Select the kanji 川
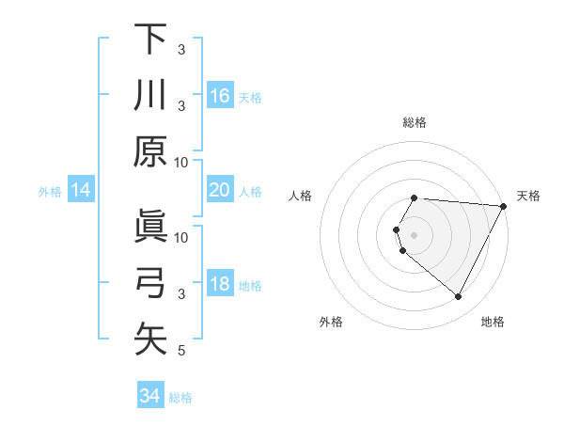point(150,95)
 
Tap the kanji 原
point(150,151)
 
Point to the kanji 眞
point(150,227)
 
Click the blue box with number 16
point(219,96)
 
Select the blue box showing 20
point(219,190)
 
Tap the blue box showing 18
point(219,285)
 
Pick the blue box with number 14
point(81,191)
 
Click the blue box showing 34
point(149,396)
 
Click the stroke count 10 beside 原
point(181,162)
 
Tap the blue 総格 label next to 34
point(180,398)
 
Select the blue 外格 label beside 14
point(50,192)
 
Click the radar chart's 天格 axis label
point(528,196)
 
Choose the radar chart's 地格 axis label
point(493,322)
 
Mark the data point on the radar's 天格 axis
point(504,206)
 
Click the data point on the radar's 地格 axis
point(459,297)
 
